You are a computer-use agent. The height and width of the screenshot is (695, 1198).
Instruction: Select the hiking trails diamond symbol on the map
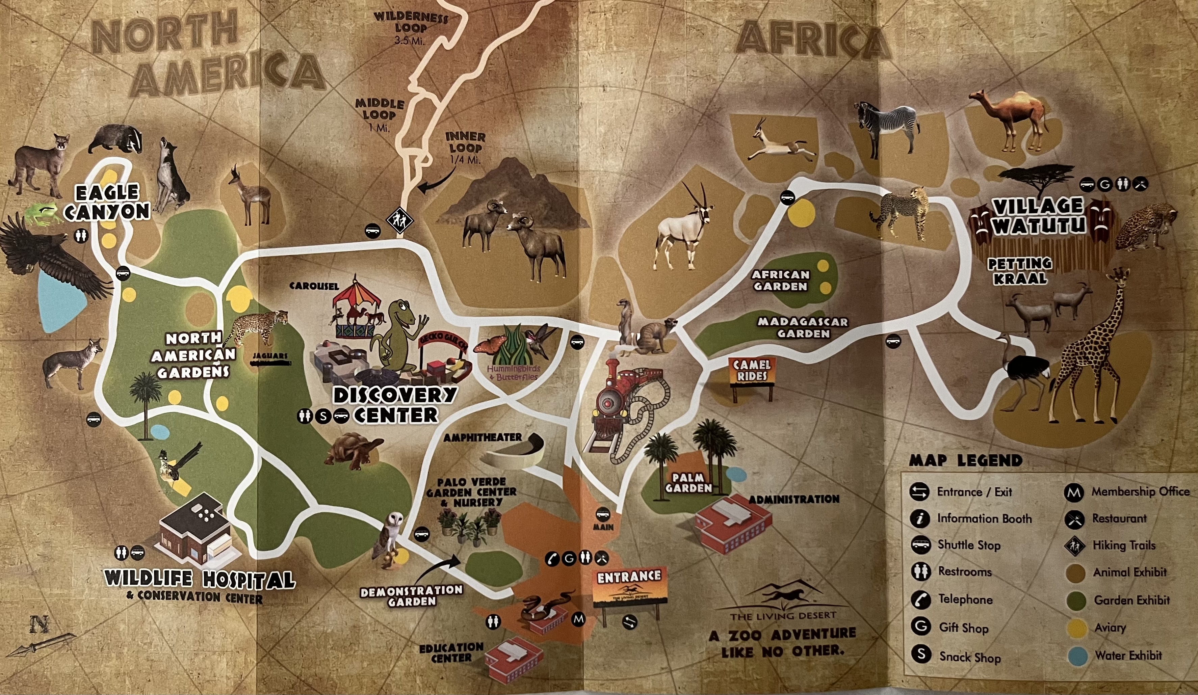coord(399,220)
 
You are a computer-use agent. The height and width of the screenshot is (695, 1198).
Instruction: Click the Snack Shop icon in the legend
coord(921,654)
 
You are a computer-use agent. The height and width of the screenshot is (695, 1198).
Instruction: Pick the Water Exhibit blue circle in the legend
coord(1077,656)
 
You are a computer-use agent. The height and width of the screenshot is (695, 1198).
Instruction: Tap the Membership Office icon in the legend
coord(1073,493)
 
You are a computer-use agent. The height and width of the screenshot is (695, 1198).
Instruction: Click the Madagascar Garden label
coord(803,327)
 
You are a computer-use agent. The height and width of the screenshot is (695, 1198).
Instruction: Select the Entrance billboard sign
coord(630,587)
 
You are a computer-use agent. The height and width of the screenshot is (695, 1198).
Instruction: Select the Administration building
coord(732,523)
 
